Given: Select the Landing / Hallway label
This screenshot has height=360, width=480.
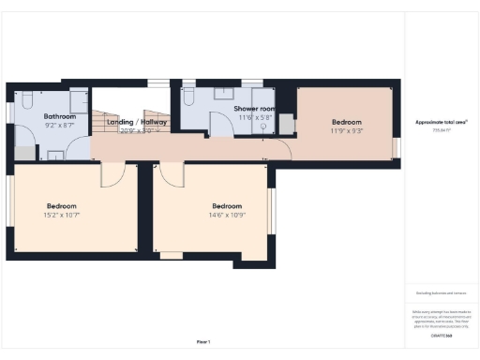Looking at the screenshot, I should [x=137, y=122].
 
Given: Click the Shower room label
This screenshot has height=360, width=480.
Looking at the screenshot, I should [x=253, y=109].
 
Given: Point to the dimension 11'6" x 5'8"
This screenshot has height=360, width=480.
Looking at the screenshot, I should [x=253, y=118].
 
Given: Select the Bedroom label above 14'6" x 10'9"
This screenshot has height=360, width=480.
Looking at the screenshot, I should [x=227, y=205].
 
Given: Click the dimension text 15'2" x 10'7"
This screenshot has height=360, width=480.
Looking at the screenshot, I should [x=62, y=216].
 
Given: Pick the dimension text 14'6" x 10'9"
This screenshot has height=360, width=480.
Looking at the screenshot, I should [x=227, y=216].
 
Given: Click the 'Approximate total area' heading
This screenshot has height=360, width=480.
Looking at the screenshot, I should [x=441, y=122].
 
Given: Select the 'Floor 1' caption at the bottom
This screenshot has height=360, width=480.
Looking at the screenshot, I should [x=203, y=342].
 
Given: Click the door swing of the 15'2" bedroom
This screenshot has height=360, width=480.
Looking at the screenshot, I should [x=112, y=172].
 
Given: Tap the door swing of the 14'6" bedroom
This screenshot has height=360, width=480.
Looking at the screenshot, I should [x=172, y=172].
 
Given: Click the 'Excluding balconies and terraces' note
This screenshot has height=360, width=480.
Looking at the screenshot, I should [x=441, y=293].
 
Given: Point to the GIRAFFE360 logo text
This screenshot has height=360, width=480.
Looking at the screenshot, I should [x=441, y=334].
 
